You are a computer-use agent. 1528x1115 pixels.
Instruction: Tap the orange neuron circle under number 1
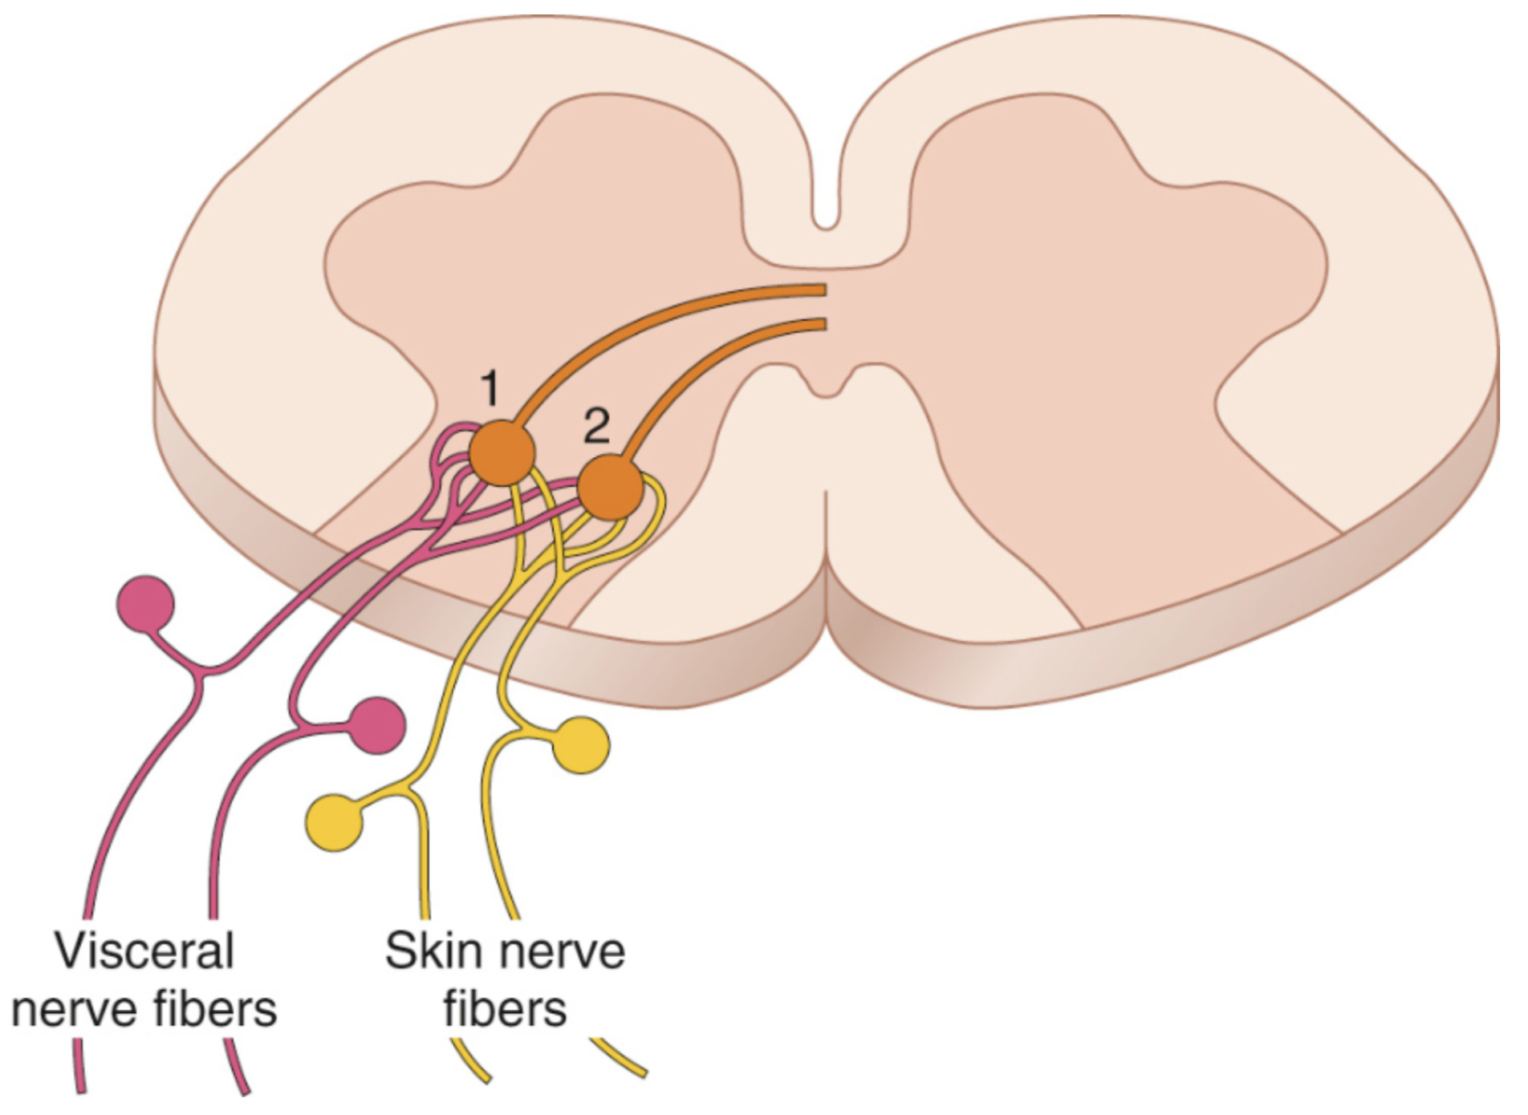(x=502, y=453)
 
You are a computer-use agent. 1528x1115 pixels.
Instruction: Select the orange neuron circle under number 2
(x=611, y=487)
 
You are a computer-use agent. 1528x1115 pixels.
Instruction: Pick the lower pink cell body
(x=376, y=725)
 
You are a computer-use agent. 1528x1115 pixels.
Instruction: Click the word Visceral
(x=144, y=951)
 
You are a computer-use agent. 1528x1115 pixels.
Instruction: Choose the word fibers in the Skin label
(x=506, y=1008)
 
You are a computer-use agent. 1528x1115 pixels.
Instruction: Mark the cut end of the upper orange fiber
(x=823, y=290)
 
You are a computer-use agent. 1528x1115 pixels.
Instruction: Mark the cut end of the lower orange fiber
(x=823, y=324)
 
